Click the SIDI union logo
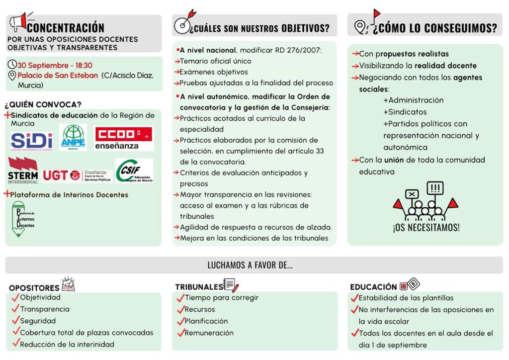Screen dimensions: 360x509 pyautogui.click(x=31, y=141)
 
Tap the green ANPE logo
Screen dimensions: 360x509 pyautogui.click(x=73, y=137)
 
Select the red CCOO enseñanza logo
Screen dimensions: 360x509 pyautogui.click(x=124, y=138)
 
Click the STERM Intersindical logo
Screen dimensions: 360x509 pyautogui.click(x=23, y=170)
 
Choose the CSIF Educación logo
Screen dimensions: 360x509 pyautogui.click(x=134, y=171)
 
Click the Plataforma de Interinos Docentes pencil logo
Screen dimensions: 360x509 pyautogui.click(x=25, y=219)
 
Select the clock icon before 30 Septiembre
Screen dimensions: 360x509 pyautogui.click(x=12, y=65)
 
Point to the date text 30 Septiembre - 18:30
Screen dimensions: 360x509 pyautogui.click(x=55, y=65)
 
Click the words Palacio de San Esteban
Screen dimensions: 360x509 pyautogui.click(x=58, y=76)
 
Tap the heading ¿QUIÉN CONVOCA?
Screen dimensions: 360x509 pyautogui.click(x=43, y=104)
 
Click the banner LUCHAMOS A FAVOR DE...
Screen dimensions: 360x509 pyautogui.click(x=250, y=266)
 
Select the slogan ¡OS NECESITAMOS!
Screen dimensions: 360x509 pyautogui.click(x=426, y=228)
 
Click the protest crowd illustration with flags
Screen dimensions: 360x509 pyautogui.click(x=425, y=201)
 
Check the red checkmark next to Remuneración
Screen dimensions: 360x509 pyautogui.click(x=180, y=333)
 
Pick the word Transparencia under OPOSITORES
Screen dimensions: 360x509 pyautogui.click(x=45, y=309)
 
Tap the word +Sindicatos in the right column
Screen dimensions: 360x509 pyautogui.click(x=405, y=112)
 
